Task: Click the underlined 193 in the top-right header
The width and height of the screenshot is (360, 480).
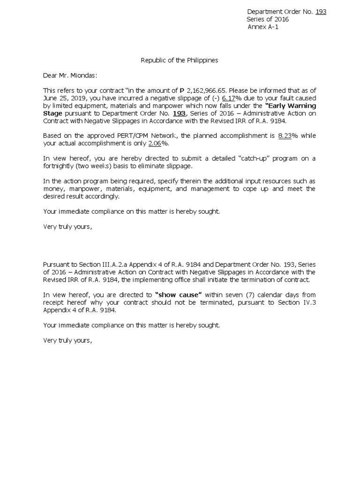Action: click(x=321, y=12)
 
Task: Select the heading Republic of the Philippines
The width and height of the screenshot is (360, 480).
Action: click(x=180, y=60)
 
